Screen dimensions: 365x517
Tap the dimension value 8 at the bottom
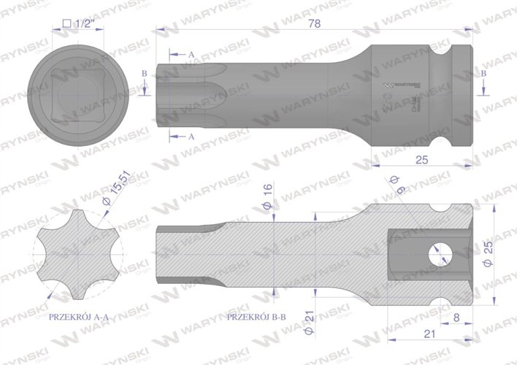(x=456, y=318)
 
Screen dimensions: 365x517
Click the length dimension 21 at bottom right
(x=429, y=334)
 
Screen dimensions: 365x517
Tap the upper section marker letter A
(x=191, y=55)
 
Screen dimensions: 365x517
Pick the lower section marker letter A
(x=191, y=137)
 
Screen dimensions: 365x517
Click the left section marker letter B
(x=145, y=74)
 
